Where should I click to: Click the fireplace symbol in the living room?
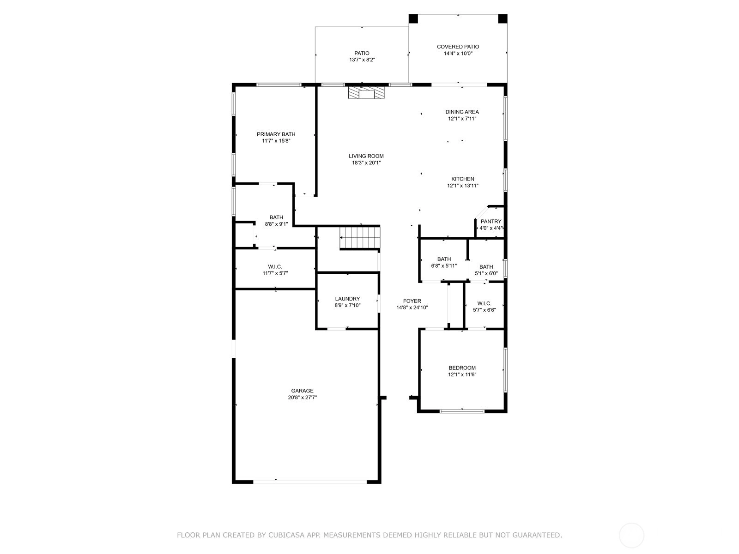pos(366,93)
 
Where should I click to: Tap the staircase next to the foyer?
pos(359,237)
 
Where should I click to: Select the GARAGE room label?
pos(302,391)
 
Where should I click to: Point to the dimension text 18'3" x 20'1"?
pos(366,163)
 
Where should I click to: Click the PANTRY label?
pos(491,221)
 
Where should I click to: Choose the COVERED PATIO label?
pos(458,47)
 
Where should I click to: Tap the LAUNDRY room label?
pos(347,299)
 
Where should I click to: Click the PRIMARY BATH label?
pos(276,134)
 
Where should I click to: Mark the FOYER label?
pos(412,301)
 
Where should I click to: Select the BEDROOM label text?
pos(462,368)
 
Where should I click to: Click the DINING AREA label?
pos(462,112)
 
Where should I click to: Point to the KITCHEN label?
pos(463,179)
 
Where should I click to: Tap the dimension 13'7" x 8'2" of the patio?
pos(362,60)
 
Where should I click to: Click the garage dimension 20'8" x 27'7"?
pos(302,397)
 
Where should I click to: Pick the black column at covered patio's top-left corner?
pos(413,18)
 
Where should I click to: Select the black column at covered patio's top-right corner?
pos(503,18)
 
